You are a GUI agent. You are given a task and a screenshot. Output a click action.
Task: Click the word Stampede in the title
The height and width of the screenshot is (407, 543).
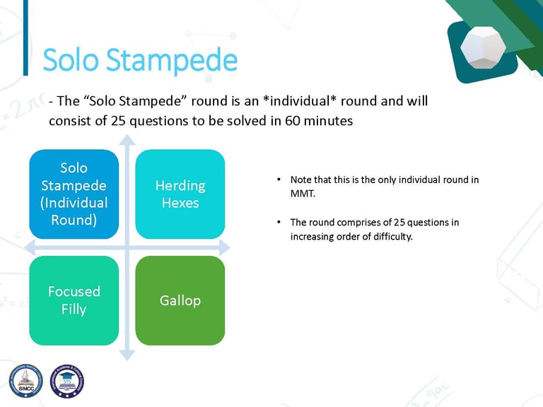point(172,61)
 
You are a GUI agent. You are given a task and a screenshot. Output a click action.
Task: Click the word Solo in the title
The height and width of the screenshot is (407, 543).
point(71,59)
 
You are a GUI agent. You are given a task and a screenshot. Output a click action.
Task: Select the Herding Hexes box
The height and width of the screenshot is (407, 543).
point(180,194)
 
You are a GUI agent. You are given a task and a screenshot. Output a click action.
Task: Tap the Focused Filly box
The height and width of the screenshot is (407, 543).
point(74,300)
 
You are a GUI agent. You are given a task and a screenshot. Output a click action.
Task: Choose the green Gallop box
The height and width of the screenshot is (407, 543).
point(180,300)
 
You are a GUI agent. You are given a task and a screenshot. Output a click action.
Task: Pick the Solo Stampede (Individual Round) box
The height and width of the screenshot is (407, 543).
point(74,194)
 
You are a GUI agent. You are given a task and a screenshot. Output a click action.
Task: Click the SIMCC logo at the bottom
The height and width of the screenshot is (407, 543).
point(26,381)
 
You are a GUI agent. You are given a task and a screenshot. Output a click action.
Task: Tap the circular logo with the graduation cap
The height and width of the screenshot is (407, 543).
point(67,381)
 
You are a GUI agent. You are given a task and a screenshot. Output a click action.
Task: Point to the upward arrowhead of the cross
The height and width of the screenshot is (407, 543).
point(127,139)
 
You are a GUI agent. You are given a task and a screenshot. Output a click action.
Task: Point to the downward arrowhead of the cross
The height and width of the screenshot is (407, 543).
point(127,355)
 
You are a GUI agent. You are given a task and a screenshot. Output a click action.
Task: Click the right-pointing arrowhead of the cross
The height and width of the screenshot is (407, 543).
point(225,247)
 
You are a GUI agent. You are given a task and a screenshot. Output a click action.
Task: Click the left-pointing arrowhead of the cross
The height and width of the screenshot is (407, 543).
point(30,247)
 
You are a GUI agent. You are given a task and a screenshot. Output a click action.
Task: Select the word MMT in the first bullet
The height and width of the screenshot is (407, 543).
point(303,194)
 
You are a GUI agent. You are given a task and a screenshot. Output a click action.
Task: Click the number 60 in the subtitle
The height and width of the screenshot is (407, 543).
point(292,121)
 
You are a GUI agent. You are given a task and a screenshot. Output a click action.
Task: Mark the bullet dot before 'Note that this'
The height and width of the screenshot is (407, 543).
point(279,179)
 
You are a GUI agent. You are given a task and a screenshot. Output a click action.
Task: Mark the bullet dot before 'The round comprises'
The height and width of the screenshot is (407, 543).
point(279,222)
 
